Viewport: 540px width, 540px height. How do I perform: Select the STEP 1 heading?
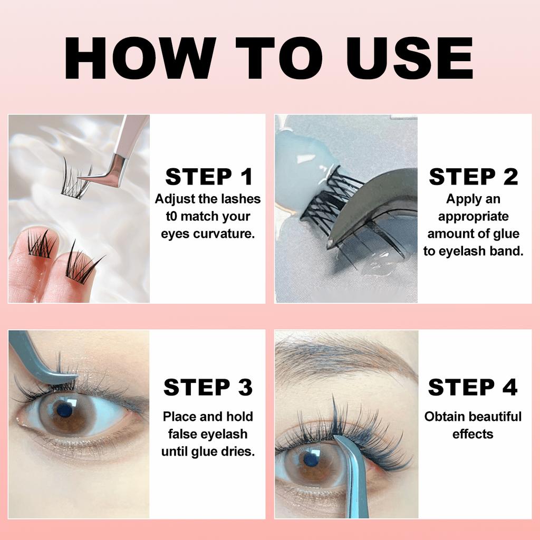pos(208,177)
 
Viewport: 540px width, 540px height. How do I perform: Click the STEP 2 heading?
pos(473,177)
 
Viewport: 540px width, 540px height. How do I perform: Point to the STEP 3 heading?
pos(208,387)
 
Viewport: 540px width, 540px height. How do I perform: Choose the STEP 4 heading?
pos(472,387)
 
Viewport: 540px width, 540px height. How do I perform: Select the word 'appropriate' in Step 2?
pos(473,216)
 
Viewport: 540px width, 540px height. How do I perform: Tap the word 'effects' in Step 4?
pos(472,434)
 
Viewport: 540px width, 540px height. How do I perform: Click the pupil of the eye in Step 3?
pos(64,410)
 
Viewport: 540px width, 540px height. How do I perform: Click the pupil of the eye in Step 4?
pos(308,458)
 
